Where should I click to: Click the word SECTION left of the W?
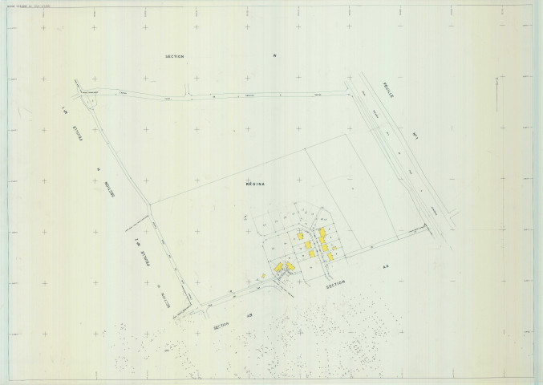coord(174,57)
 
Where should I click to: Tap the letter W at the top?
coord(274,56)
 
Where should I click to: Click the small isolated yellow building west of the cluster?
coord(263,275)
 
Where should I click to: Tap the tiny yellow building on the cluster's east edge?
coord(338,255)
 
